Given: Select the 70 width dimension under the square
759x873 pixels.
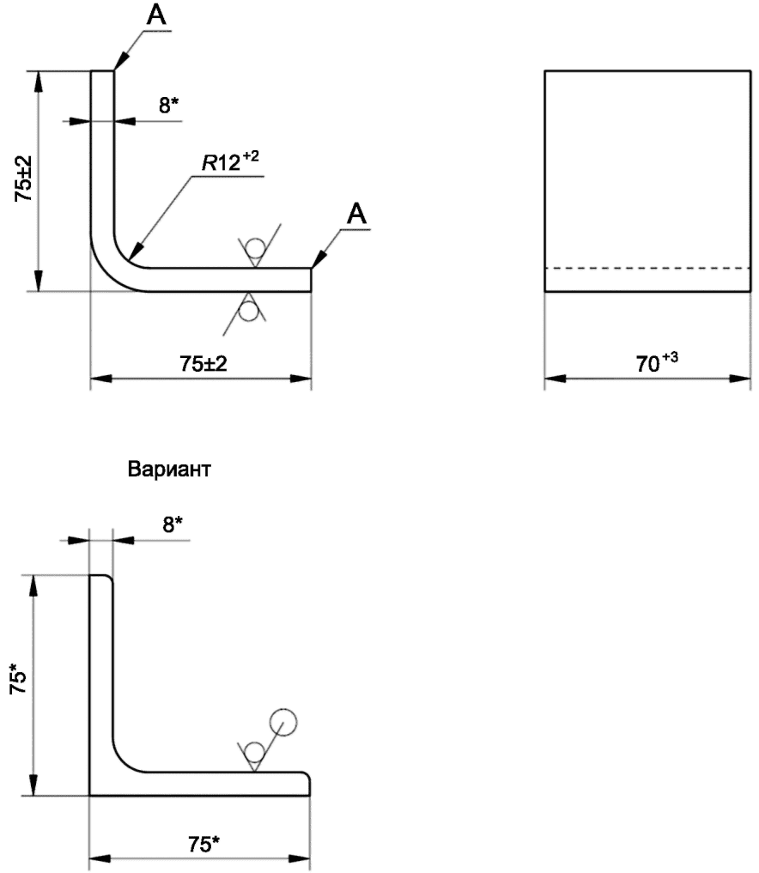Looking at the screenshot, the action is click(x=657, y=361).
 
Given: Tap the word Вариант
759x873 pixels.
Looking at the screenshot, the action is click(x=169, y=469).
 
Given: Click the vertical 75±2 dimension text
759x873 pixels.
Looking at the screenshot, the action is click(x=23, y=179).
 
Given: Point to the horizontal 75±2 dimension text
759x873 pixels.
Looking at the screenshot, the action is click(x=203, y=364).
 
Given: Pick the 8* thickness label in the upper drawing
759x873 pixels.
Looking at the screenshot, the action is click(x=169, y=104).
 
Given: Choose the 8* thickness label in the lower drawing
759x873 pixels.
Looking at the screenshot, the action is click(x=173, y=524).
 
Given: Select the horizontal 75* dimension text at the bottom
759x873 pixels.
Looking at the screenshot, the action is click(x=203, y=844).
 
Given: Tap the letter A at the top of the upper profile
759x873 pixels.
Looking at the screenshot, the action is click(x=156, y=15).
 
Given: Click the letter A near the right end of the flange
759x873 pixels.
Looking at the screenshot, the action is click(x=357, y=214).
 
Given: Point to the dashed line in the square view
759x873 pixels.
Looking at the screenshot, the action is click(x=647, y=269).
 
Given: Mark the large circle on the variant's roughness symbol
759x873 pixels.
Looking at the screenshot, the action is click(x=282, y=722).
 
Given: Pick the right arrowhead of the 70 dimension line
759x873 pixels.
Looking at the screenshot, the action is click(x=740, y=379).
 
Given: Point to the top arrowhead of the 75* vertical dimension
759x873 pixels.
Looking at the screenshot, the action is click(x=34, y=585).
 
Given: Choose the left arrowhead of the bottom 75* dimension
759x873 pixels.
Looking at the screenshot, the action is click(x=100, y=859).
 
